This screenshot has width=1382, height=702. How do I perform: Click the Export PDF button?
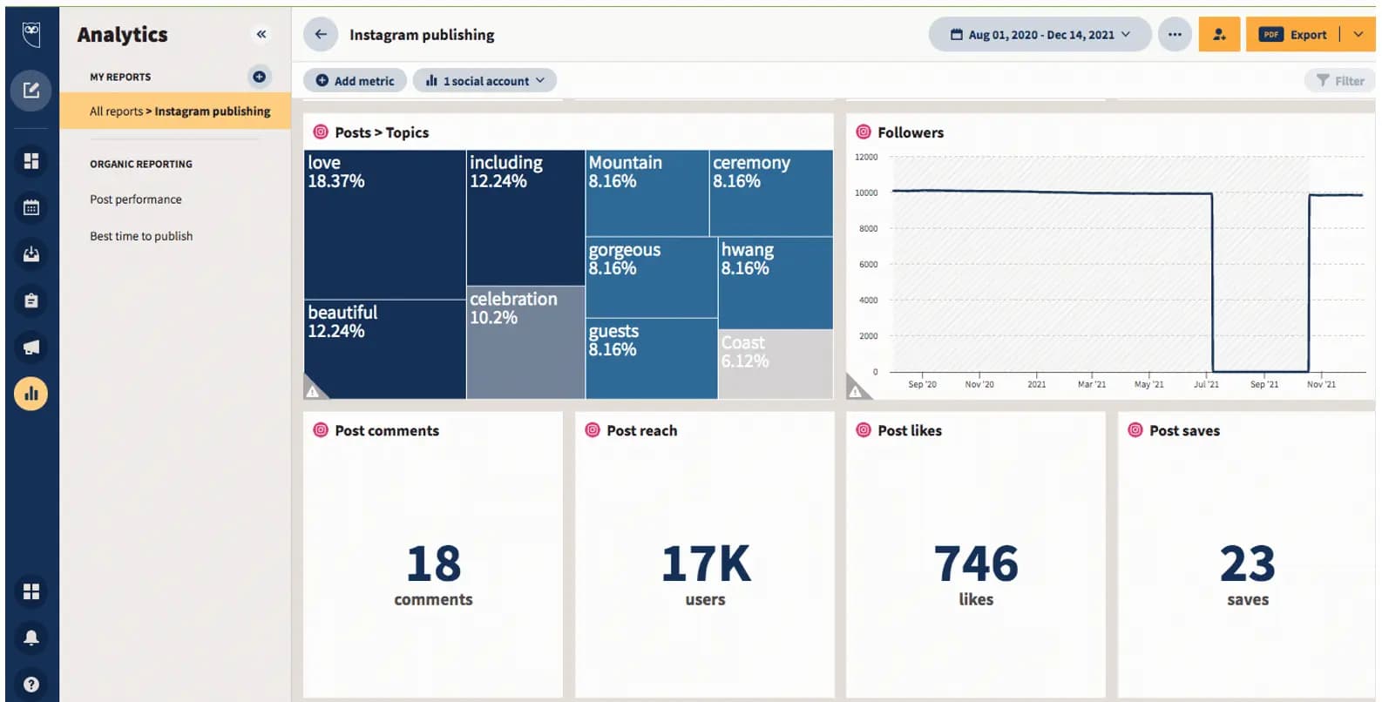[x=1294, y=35]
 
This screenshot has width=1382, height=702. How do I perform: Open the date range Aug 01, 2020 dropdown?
[x=1040, y=35]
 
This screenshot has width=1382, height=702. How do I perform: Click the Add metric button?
[x=355, y=81]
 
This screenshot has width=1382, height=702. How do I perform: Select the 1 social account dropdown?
[x=484, y=81]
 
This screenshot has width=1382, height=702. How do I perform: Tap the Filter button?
[x=1340, y=81]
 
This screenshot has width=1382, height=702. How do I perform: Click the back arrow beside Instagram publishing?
[x=321, y=35]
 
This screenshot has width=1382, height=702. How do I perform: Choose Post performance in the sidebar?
[x=136, y=199]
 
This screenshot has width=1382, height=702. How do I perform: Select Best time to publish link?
[x=141, y=236]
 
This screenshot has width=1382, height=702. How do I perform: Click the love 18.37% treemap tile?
[x=384, y=224]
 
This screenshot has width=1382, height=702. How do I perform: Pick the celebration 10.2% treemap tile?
[x=525, y=342]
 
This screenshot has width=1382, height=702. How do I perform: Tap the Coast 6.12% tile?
[x=776, y=363]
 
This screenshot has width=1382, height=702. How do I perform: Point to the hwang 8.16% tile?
[x=776, y=282]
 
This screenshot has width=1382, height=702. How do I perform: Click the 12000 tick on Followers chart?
[x=866, y=158]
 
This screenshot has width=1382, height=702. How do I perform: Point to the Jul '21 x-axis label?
[x=1206, y=384]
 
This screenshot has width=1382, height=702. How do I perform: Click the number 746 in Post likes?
[x=976, y=564]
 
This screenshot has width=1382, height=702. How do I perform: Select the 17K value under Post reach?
[x=705, y=564]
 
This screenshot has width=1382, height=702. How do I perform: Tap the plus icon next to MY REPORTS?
[x=259, y=77]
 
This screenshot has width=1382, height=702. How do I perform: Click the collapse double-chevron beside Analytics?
[x=261, y=34]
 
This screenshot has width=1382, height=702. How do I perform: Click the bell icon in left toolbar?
[x=31, y=638]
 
